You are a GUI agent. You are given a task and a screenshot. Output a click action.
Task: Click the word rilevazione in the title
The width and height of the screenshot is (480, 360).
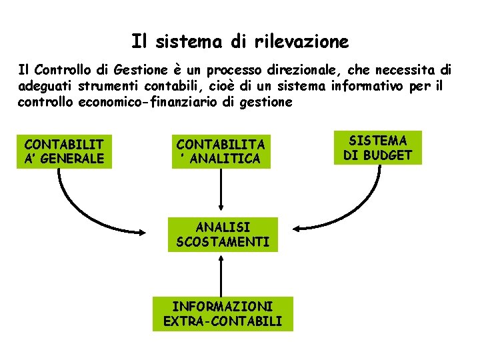[301, 42]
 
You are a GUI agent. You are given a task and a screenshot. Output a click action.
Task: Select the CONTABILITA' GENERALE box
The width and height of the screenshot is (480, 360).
[64, 151]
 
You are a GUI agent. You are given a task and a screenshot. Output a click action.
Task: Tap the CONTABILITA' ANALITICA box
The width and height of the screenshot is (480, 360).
[220, 151]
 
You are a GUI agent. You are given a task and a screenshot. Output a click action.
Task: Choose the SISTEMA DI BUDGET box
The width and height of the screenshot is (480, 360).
[378, 147]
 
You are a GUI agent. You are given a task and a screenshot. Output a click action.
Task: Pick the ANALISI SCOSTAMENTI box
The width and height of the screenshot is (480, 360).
[223, 234]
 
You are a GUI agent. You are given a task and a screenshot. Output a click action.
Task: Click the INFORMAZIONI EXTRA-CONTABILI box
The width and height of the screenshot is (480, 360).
[223, 314]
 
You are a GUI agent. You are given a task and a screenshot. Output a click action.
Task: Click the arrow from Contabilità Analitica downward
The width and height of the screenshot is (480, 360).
[221, 193]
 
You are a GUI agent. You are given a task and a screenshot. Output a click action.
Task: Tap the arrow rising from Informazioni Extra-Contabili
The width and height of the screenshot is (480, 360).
[221, 273]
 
